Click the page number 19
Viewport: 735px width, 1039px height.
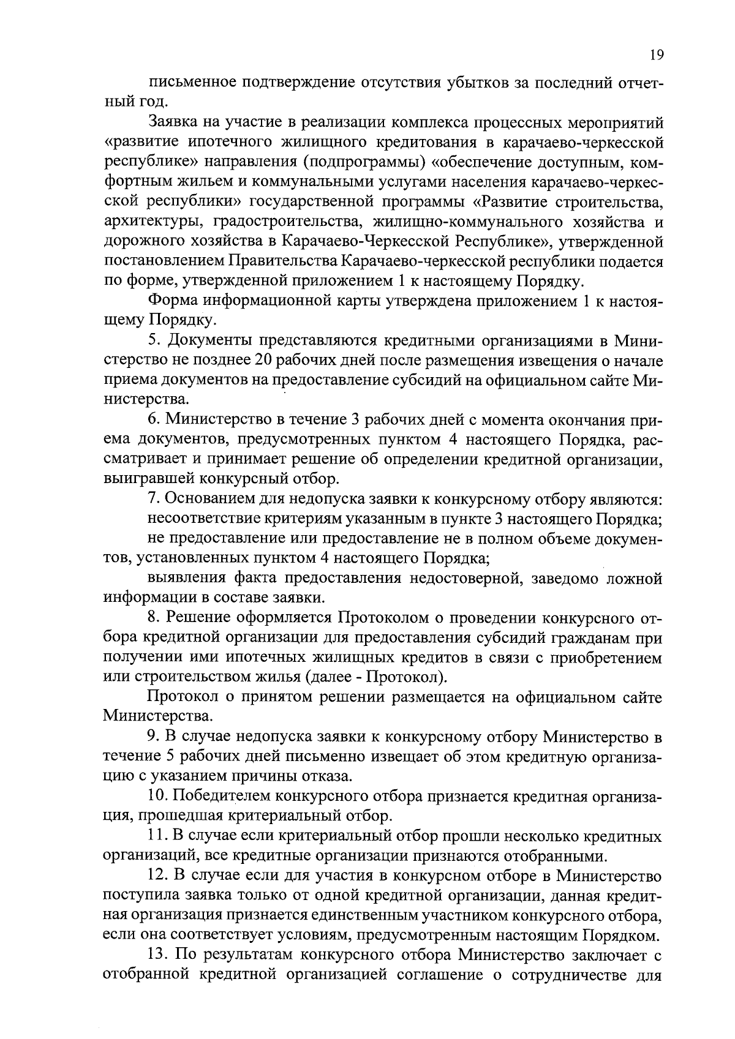(655, 55)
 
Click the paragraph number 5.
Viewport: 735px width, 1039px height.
(154, 340)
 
